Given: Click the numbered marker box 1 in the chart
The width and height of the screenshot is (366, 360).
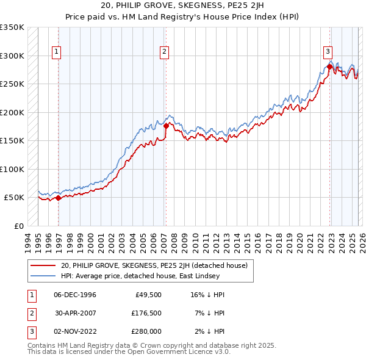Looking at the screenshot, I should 56,52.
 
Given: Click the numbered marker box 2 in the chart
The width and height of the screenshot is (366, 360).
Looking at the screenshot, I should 165,52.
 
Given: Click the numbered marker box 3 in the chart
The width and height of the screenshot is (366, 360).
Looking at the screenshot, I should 328,52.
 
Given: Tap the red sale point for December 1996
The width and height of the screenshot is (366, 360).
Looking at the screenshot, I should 58,198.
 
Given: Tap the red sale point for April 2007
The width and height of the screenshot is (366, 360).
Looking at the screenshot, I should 166,126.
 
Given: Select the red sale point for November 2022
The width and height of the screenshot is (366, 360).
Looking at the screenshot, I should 329,67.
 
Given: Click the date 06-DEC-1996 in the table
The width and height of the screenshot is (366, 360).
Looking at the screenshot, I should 75,295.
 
